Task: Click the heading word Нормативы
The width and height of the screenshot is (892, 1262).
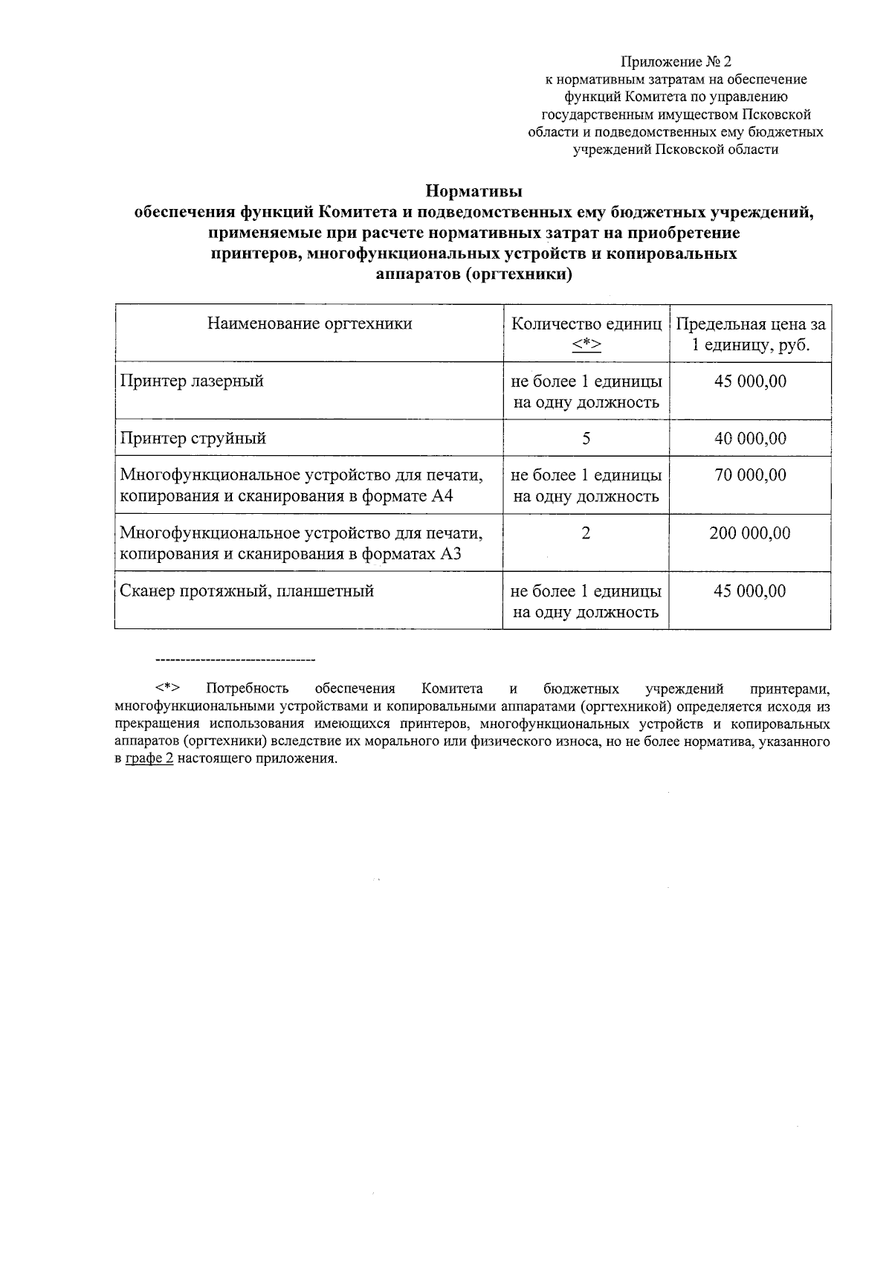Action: click(474, 191)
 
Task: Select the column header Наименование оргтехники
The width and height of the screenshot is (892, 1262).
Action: click(309, 323)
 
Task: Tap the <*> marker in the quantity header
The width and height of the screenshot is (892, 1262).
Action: click(586, 344)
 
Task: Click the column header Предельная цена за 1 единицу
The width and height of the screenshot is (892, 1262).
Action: click(750, 335)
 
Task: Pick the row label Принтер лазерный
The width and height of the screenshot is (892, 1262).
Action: click(192, 382)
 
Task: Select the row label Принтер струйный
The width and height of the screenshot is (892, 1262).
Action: click(193, 438)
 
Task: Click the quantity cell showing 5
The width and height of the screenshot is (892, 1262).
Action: click(586, 439)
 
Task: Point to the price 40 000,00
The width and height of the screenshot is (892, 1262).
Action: click(750, 439)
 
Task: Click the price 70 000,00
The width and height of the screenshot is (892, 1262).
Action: click(750, 475)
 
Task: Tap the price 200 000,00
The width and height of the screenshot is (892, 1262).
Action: click(750, 533)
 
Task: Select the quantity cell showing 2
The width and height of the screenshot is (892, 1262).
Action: click(586, 533)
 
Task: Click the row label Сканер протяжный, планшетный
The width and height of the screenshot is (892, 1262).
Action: click(247, 591)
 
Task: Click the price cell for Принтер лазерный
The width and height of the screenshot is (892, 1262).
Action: click(750, 382)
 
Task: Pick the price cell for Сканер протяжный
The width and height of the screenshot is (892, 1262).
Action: click(750, 591)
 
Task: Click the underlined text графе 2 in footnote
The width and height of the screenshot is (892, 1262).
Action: click(149, 759)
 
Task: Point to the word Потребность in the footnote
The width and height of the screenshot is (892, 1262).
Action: click(247, 688)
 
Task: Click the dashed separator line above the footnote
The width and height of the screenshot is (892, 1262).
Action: click(235, 660)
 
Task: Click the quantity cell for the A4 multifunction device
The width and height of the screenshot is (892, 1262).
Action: click(586, 486)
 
